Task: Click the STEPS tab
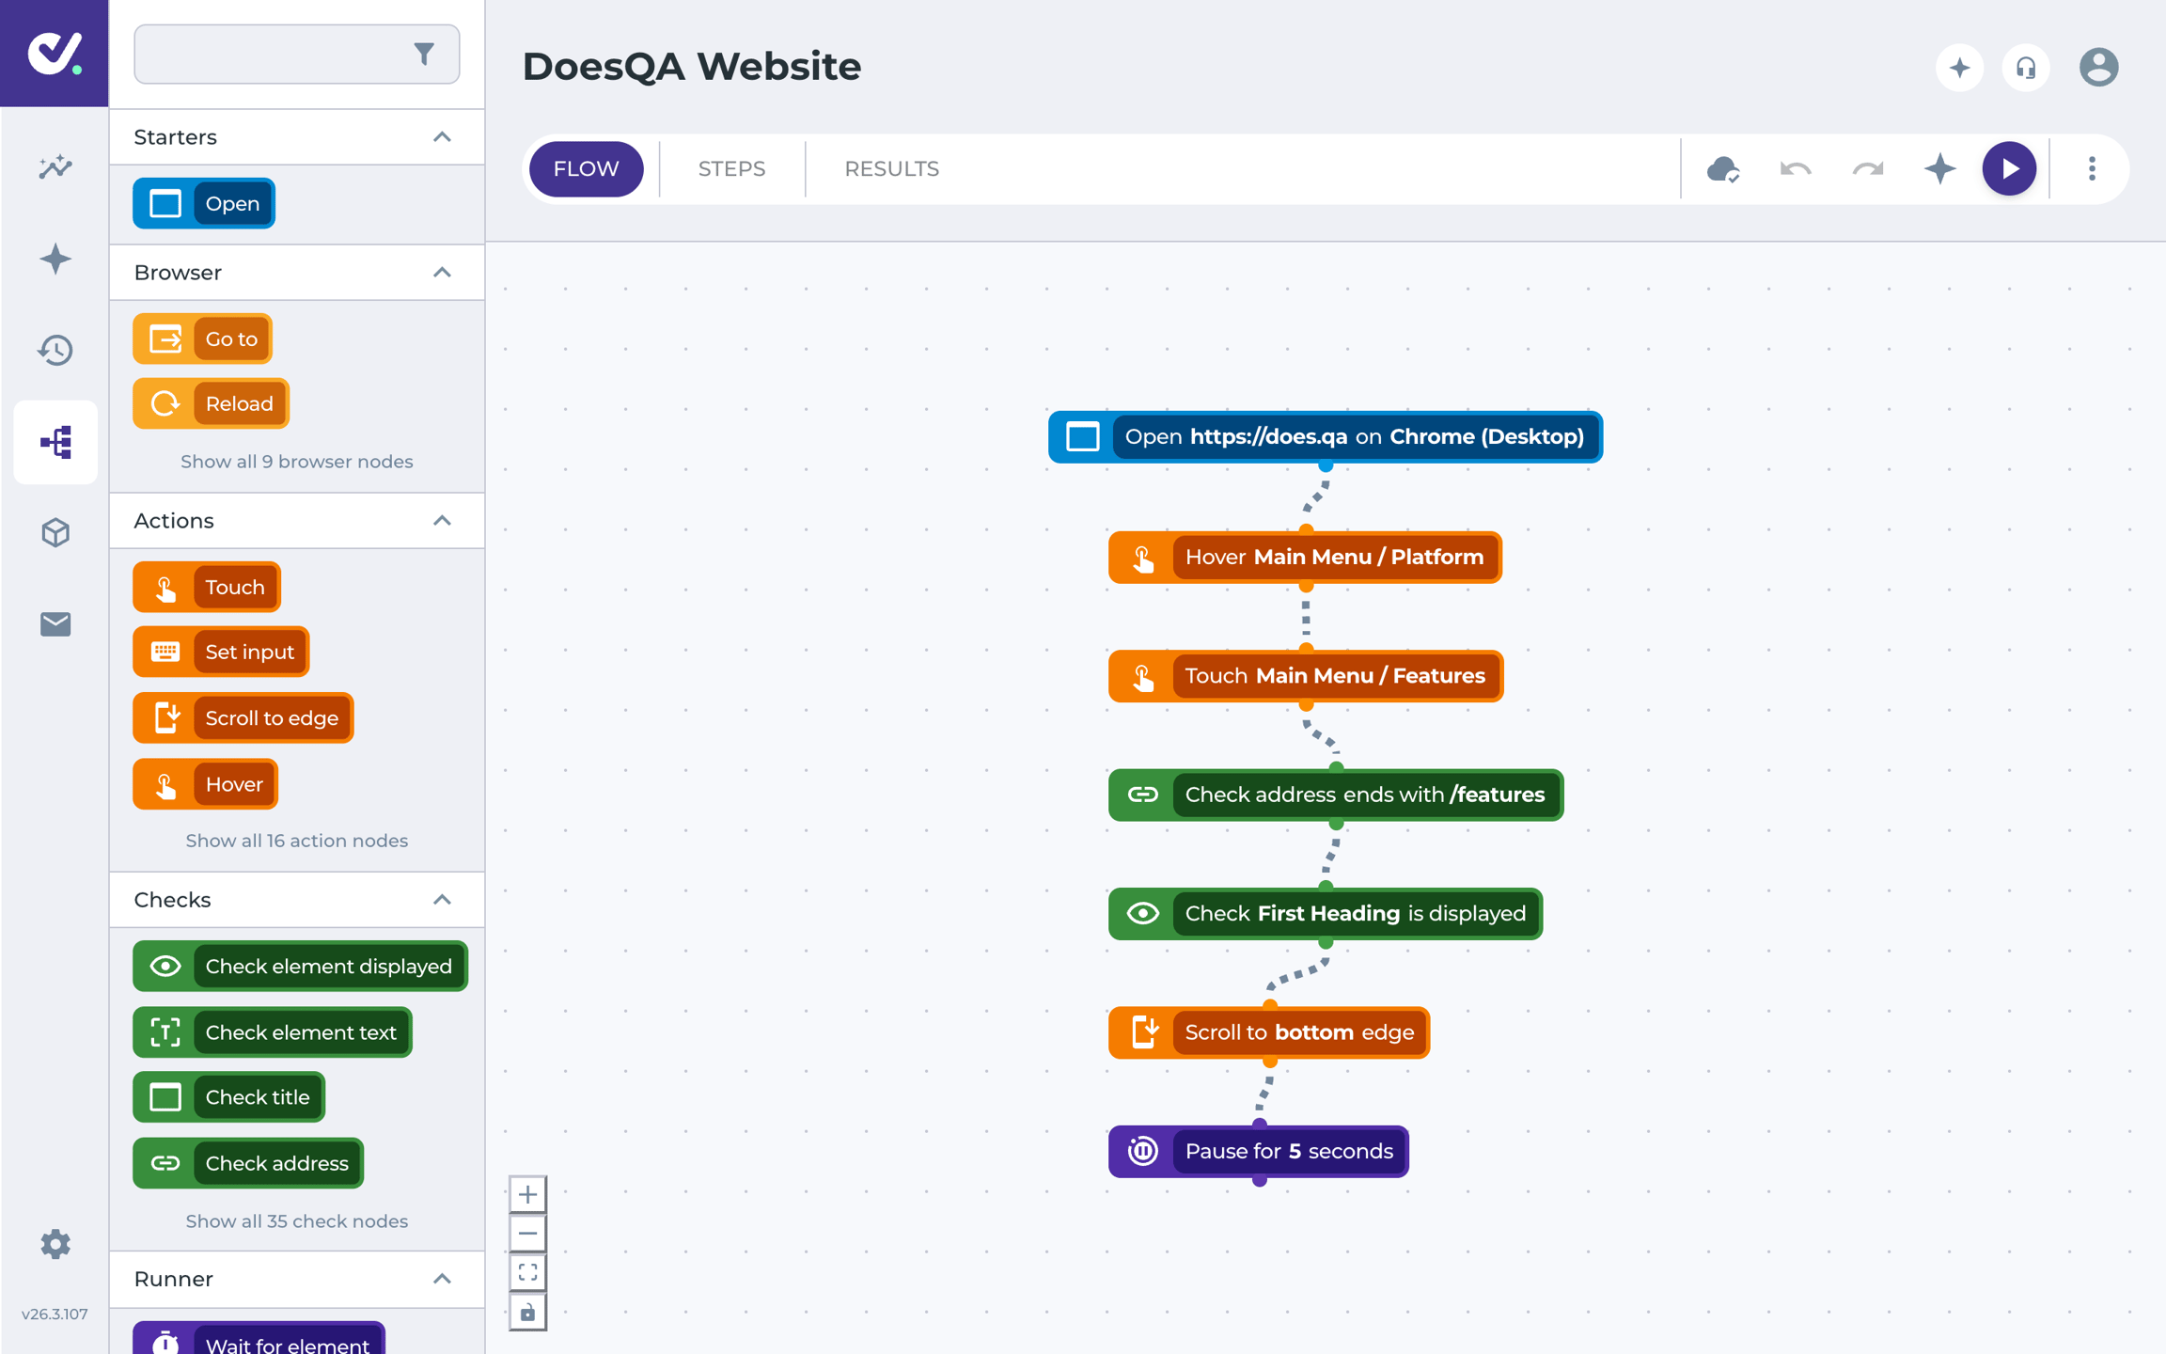coord(731,169)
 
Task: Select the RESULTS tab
coord(891,169)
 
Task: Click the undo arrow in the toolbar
coord(1796,169)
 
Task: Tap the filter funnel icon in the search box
coord(424,55)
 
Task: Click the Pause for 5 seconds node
coord(1259,1151)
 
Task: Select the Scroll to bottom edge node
coord(1269,1032)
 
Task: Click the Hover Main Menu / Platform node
coord(1305,557)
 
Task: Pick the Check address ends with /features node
coord(1336,795)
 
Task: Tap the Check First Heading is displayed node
coord(1326,913)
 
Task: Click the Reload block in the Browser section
coord(211,403)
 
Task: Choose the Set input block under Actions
coord(221,652)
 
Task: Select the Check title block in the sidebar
coord(228,1097)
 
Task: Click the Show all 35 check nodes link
coord(297,1220)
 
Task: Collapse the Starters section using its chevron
coord(442,137)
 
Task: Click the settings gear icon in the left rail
coord(55,1244)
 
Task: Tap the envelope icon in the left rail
coord(55,623)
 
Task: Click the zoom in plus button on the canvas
coord(527,1194)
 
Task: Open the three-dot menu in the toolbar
coord(2092,169)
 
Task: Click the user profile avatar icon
coord(2098,68)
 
